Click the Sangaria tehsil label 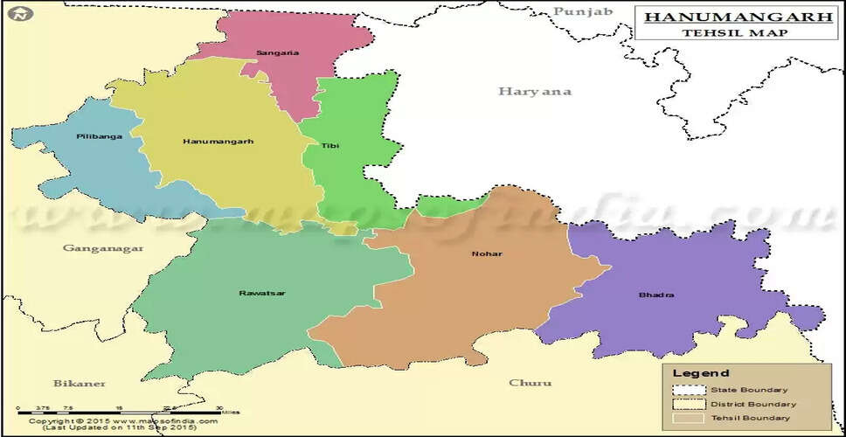277,52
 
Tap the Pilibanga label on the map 99,136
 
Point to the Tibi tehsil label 329,145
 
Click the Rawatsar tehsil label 261,293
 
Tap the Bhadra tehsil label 656,295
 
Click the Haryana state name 534,92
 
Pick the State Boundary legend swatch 690,389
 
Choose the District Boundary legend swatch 690,404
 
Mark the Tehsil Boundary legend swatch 690,419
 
